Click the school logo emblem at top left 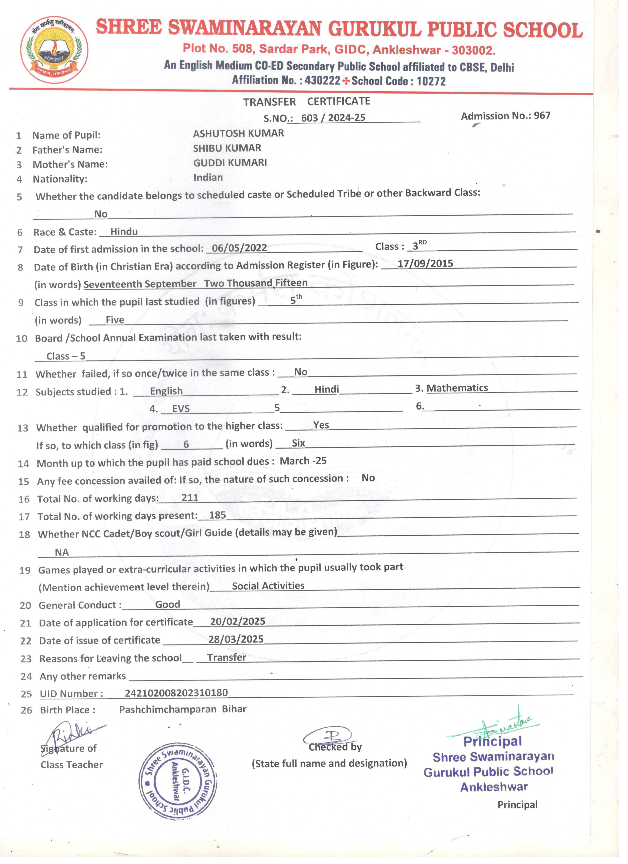coord(54,50)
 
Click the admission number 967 coord(542,116)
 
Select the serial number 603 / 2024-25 coord(333,118)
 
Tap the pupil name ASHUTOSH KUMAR coord(238,133)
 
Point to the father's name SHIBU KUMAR coord(227,148)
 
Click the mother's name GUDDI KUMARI coord(230,163)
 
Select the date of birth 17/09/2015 coord(425,264)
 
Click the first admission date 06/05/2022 coord(239,248)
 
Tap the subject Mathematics coord(457,388)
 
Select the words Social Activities coord(268,586)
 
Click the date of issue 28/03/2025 coord(236,639)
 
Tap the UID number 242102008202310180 coord(176,693)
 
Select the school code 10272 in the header coord(431,81)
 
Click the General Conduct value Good coord(167,605)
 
